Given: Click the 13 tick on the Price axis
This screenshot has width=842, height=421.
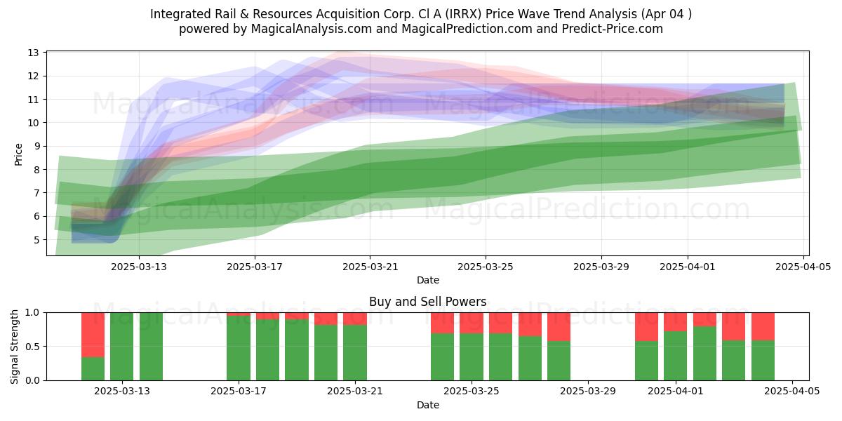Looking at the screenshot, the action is tap(34, 53).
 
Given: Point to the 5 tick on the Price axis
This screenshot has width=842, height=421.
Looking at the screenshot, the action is tap(36, 240).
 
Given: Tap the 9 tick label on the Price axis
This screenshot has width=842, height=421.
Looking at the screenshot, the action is tap(36, 146).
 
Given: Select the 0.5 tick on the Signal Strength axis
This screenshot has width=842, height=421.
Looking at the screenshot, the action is tap(32, 346).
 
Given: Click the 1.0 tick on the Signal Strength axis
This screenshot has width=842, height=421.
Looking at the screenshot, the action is tap(32, 312).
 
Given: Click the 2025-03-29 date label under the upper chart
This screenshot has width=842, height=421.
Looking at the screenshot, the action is tap(601, 267).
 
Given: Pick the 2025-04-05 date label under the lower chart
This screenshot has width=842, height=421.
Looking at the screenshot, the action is tap(792, 391).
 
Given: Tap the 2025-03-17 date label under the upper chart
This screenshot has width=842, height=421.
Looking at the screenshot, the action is tap(255, 267).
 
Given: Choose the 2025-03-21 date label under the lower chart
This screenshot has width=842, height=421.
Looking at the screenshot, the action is tap(355, 391).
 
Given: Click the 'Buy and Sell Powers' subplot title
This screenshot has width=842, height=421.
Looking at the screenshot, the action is tap(428, 302).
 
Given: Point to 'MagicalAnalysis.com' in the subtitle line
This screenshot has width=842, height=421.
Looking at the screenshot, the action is tap(312, 29).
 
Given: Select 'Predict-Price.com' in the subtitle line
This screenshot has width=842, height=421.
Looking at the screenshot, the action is tap(613, 29).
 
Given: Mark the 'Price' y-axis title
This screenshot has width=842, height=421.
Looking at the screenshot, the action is tap(18, 154).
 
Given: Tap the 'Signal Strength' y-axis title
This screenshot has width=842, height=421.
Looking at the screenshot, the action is tap(14, 347).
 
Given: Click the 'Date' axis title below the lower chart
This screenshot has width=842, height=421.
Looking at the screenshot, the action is tap(428, 405).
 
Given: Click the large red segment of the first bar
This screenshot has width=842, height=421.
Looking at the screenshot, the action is tap(93, 335).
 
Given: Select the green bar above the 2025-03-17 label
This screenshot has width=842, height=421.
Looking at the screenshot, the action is tap(239, 348).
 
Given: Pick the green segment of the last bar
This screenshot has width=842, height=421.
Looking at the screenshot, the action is tap(763, 361).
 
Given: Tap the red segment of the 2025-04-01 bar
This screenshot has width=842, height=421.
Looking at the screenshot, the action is tap(675, 322).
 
